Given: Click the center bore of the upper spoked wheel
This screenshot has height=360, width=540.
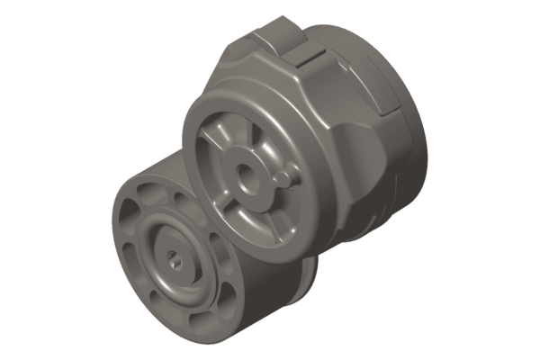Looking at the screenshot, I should (246, 178).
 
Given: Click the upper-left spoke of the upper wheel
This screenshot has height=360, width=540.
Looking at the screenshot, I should (216, 139).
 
